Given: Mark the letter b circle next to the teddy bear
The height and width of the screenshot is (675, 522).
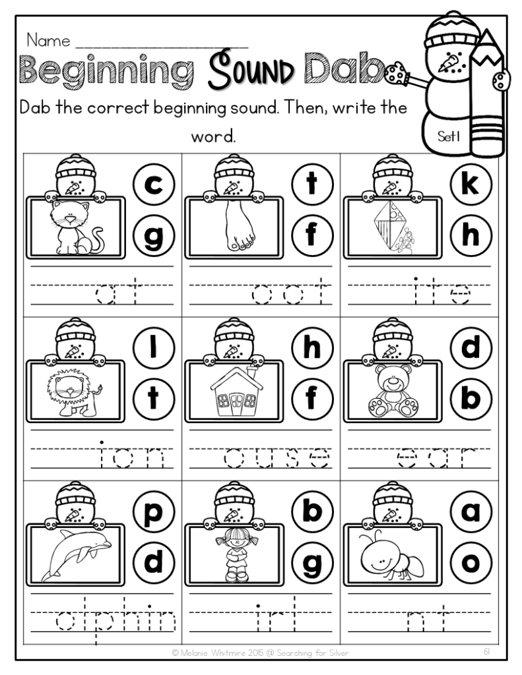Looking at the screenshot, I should (470, 397).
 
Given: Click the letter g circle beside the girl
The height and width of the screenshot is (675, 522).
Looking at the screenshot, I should (311, 562).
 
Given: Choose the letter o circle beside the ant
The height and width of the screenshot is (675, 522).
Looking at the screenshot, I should (470, 562).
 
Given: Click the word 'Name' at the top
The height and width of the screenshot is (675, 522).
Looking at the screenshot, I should (48, 40).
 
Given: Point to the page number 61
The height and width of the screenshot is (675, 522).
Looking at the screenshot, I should (486, 651).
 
